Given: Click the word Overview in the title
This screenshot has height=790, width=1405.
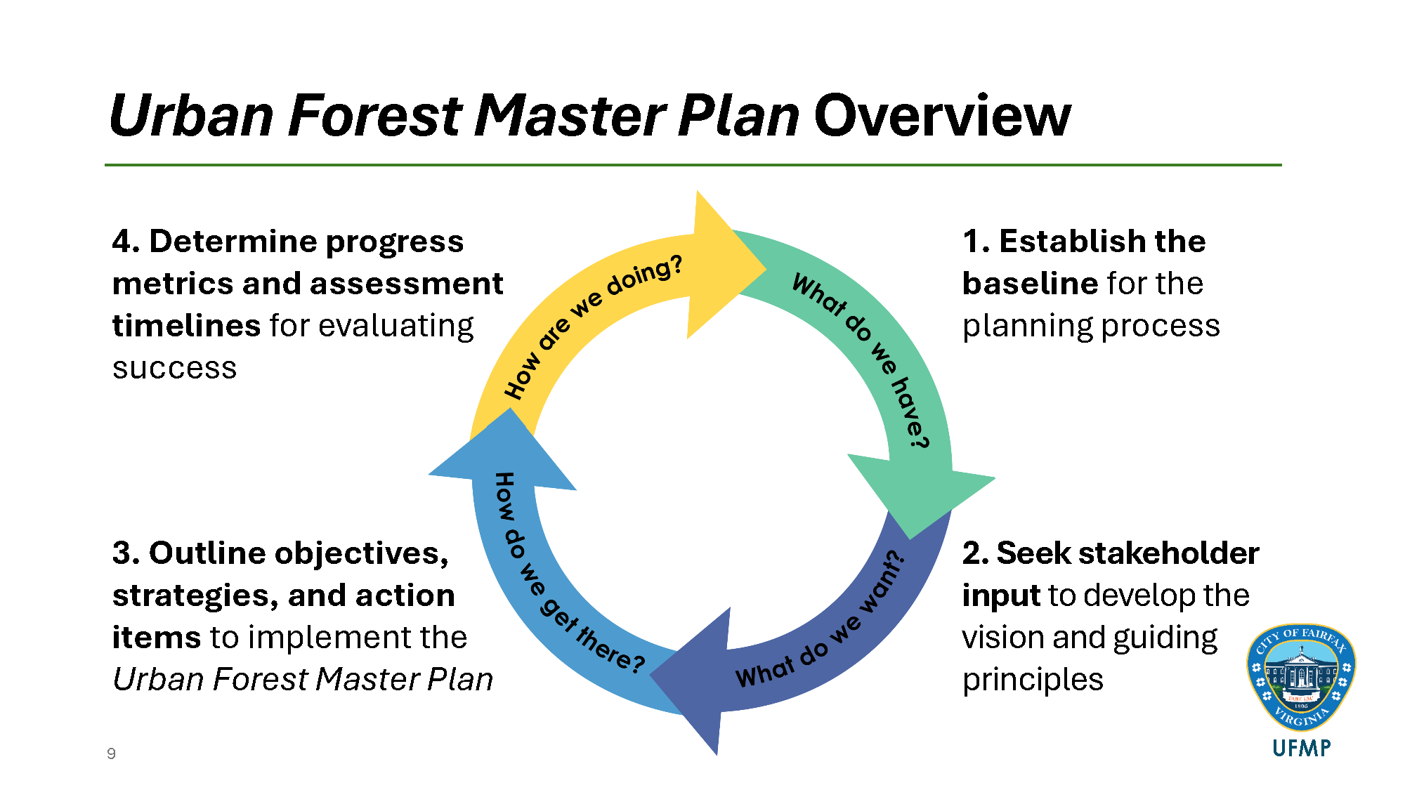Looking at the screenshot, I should (942, 116).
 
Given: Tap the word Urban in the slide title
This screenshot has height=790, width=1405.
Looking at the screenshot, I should (191, 116).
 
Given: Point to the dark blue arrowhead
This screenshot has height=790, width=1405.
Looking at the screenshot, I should (695, 678).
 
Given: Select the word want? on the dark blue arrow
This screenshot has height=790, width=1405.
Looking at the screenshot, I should (882, 583).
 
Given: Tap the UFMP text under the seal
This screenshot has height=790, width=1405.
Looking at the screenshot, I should (1301, 749).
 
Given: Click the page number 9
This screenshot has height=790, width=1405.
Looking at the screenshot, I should (111, 753).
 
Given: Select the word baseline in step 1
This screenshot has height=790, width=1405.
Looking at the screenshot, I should (1030, 284).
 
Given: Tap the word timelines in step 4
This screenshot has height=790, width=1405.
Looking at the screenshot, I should (186, 326).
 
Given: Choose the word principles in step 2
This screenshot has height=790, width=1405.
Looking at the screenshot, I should (1032, 680).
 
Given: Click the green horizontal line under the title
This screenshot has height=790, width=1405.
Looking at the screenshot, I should (693, 165).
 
